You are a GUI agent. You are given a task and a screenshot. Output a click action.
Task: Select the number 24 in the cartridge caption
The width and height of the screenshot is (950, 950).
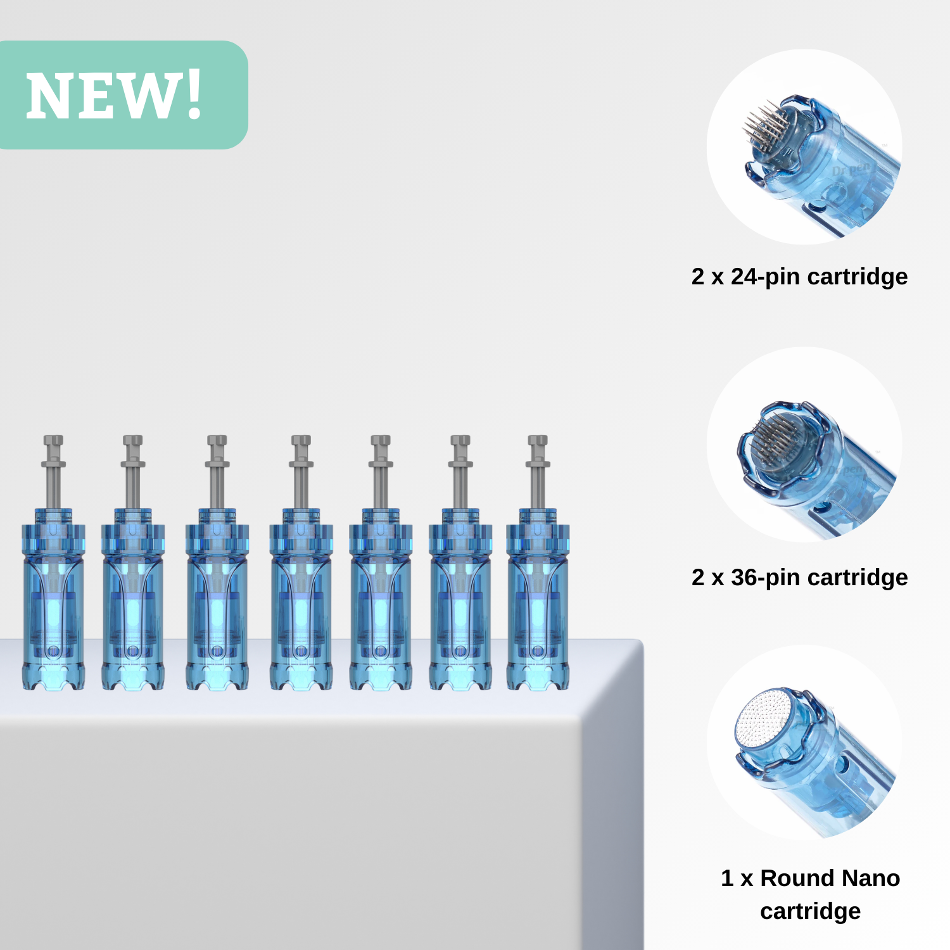(x=745, y=276)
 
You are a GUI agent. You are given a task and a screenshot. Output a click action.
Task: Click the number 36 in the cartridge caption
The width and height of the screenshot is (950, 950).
(x=745, y=577)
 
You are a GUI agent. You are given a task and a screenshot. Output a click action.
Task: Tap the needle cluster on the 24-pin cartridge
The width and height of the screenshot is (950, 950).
(x=764, y=127)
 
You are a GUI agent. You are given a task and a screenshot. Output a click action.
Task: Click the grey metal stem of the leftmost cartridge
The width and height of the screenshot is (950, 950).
(x=53, y=471)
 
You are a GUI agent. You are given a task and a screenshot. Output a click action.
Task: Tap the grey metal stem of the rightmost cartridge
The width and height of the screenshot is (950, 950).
(x=538, y=471)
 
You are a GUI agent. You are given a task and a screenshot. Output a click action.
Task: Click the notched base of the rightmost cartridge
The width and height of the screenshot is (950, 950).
(x=538, y=676)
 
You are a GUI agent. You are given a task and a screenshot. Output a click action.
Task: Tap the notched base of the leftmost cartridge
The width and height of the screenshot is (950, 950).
(x=53, y=676)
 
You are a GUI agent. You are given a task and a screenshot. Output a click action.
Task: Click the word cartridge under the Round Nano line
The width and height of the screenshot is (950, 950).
(x=810, y=911)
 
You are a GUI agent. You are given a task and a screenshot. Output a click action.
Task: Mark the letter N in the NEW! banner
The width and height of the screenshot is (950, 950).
(x=48, y=96)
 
